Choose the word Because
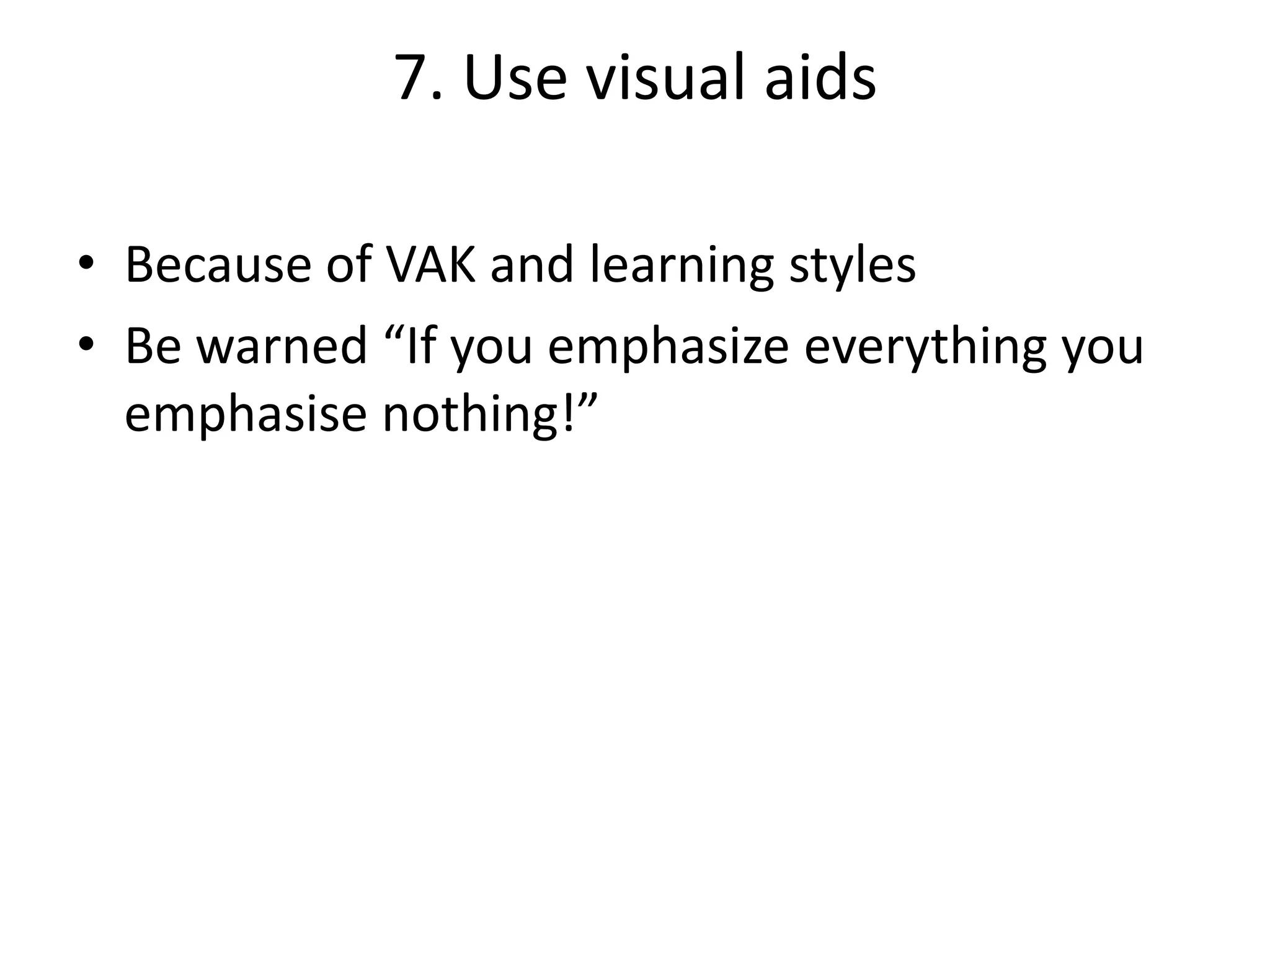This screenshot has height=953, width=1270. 218,265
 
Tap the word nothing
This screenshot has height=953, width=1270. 469,414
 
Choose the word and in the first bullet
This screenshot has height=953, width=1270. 531,265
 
